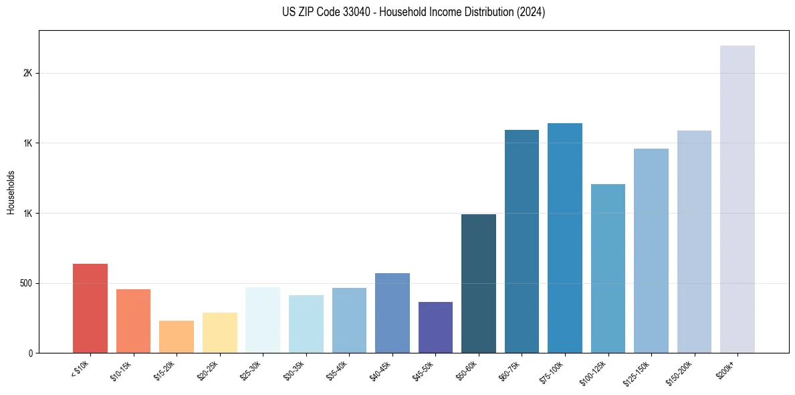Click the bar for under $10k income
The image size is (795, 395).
[90, 308]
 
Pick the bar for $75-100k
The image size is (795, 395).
[565, 238]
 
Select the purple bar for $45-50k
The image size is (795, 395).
[435, 327]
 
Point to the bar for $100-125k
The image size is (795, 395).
[608, 268]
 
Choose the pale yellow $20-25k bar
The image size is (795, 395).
[220, 333]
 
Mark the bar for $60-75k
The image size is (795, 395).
[522, 241]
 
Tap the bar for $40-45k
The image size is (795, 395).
[392, 313]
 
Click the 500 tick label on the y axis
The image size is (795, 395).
[25, 283]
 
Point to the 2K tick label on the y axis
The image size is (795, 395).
[27, 73]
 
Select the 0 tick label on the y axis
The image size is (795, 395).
[30, 353]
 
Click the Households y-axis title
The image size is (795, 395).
[11, 192]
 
